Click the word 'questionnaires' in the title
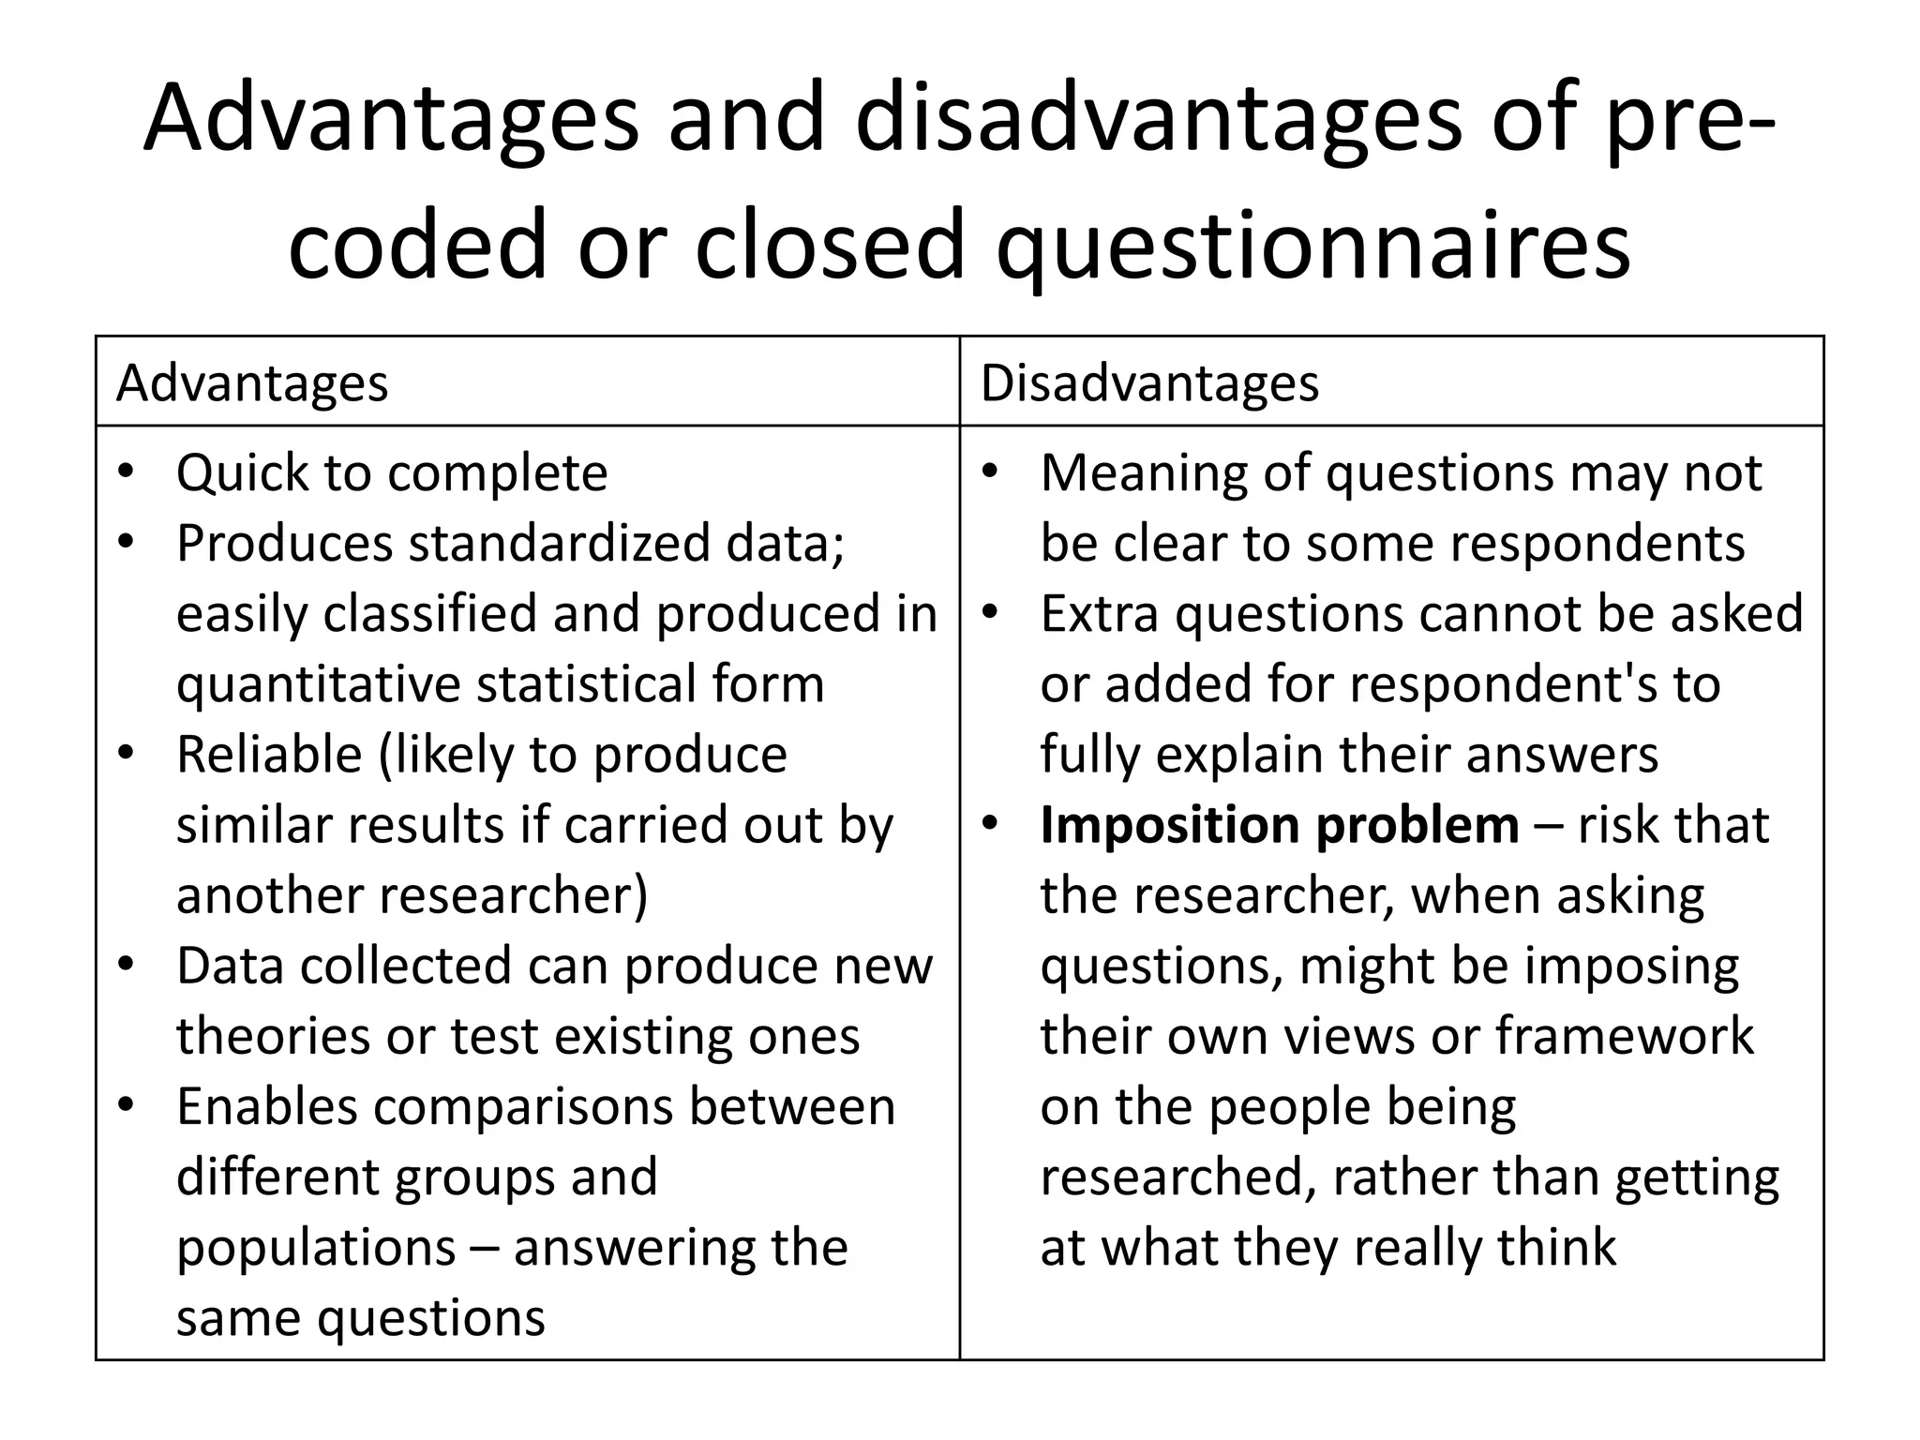[1312, 246]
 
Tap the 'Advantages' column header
[251, 382]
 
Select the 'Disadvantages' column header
[1149, 382]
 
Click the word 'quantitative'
[319, 683]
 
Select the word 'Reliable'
[269, 754]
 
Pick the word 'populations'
[316, 1248]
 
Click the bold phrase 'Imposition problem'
[1280, 825]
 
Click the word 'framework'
[1624, 1036]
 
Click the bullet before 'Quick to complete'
[127, 471]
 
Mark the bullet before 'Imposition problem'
[991, 823]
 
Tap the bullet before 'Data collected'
[127, 964]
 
